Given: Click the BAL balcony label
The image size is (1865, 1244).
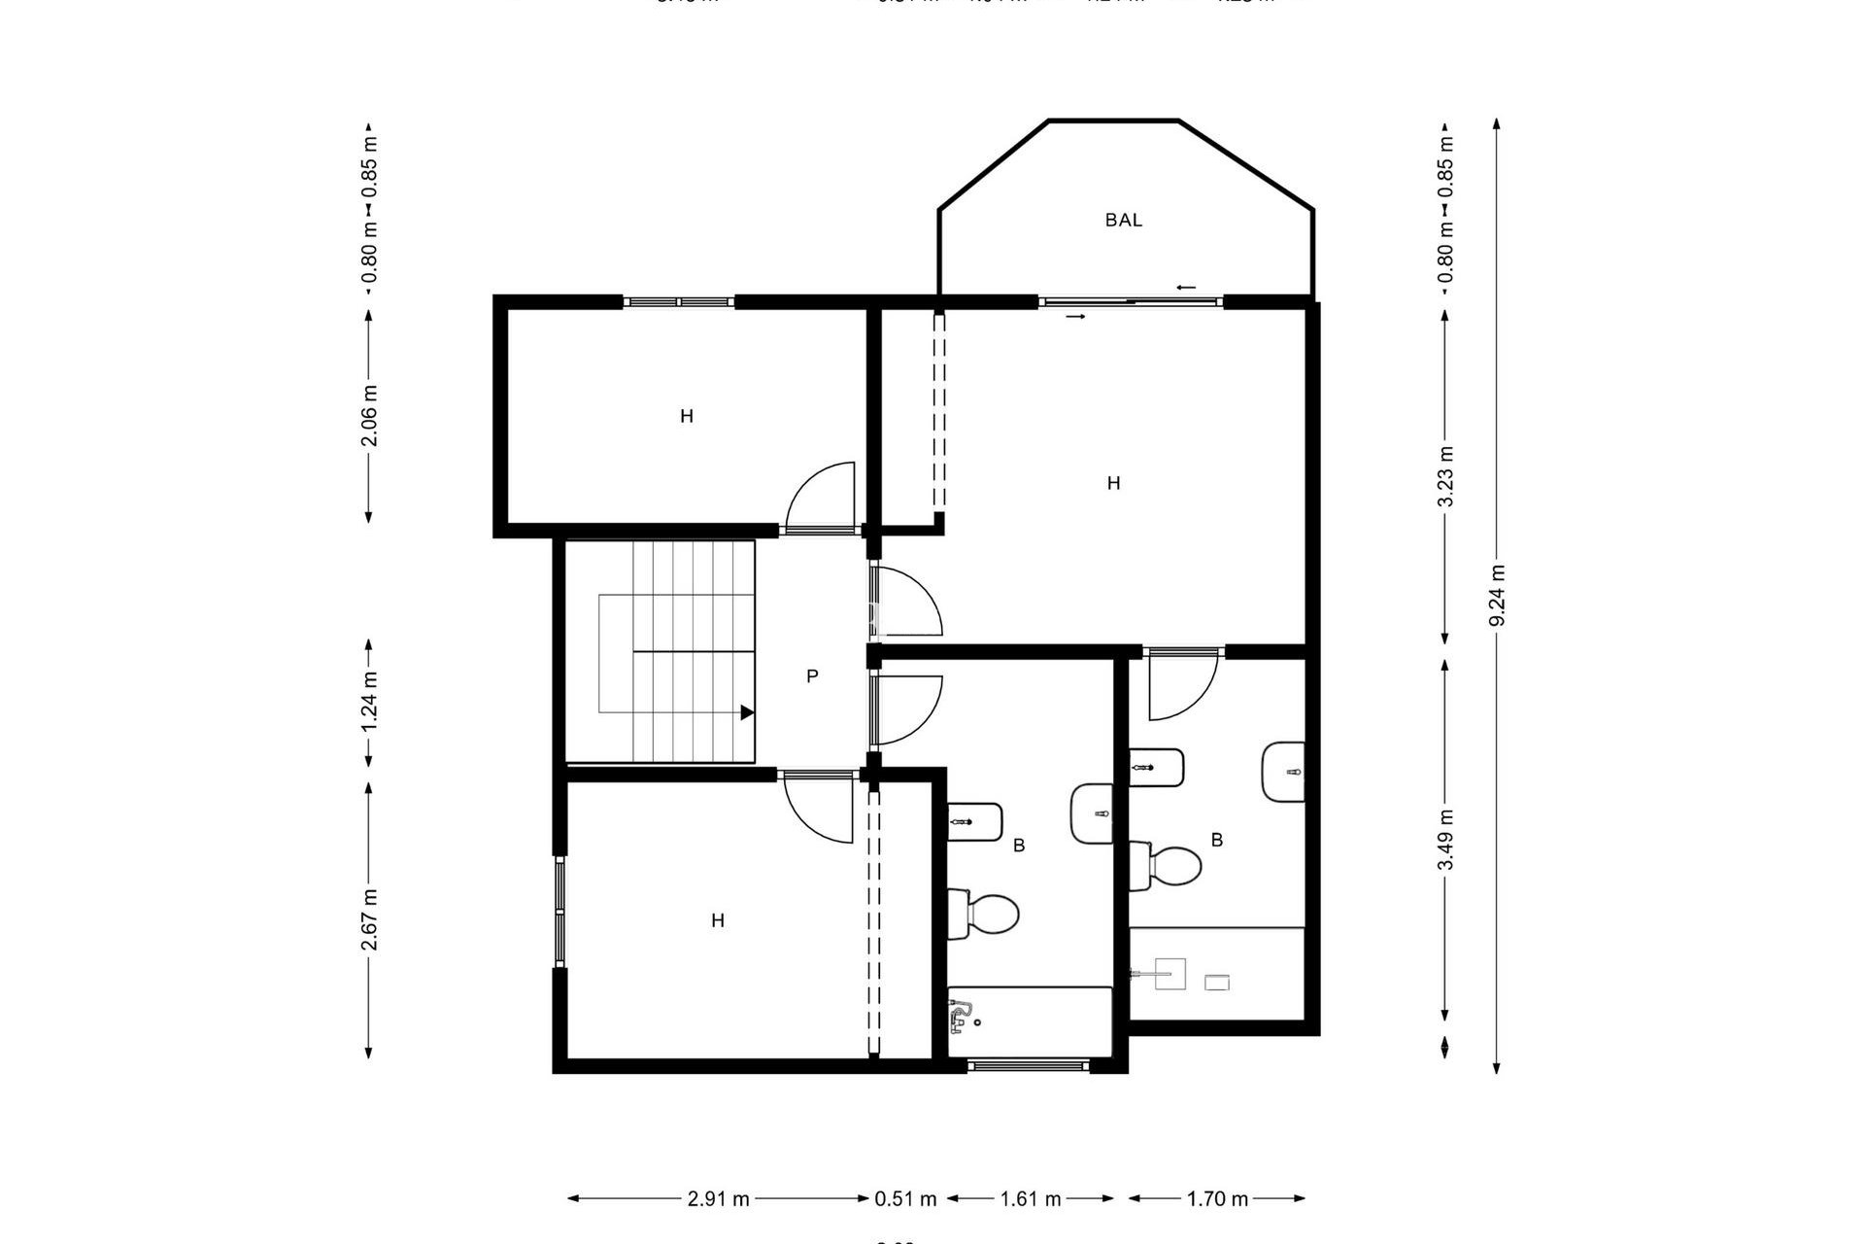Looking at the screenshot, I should pyautogui.click(x=1123, y=221).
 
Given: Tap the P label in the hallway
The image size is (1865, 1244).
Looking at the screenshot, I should pyautogui.click(x=812, y=676).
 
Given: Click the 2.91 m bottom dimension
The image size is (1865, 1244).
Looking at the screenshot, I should pyautogui.click(x=718, y=1199).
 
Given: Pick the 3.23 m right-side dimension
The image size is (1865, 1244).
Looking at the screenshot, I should pyautogui.click(x=1445, y=475).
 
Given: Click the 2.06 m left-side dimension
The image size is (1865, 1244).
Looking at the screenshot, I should pyautogui.click(x=369, y=415).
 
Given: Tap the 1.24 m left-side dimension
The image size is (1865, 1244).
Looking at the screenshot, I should pyautogui.click(x=369, y=703).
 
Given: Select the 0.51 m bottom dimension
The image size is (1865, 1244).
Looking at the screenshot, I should pyautogui.click(x=905, y=1199).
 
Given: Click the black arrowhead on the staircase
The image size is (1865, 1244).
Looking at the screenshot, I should pyautogui.click(x=747, y=712).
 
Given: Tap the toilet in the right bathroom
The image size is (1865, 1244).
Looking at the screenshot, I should pyautogui.click(x=1170, y=866).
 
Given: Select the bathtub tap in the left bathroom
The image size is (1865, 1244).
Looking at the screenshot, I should pyautogui.click(x=961, y=1017).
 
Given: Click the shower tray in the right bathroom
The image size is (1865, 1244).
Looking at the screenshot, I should pyautogui.click(x=1216, y=973).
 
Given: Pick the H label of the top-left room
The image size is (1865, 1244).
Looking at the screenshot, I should pyautogui.click(x=687, y=417).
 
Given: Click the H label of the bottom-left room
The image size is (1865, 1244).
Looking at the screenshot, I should pyautogui.click(x=718, y=920).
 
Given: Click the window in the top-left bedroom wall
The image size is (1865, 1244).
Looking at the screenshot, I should pyautogui.click(x=678, y=302).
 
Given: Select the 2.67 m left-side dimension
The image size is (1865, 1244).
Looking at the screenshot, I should pyautogui.click(x=369, y=919).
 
